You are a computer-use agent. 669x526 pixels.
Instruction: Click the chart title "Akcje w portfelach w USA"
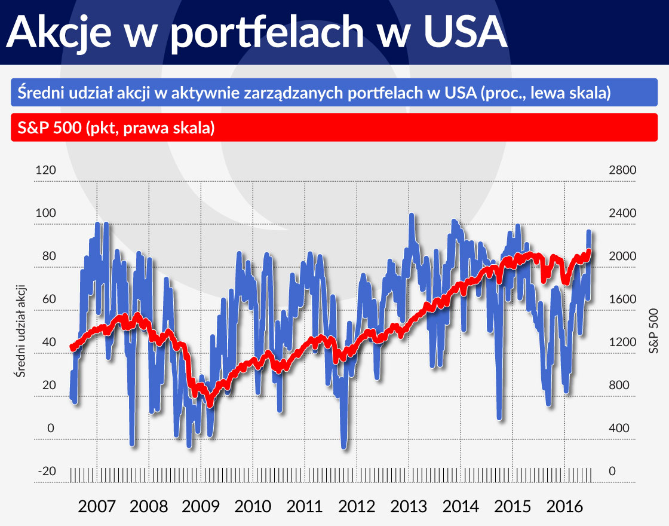point(257,33)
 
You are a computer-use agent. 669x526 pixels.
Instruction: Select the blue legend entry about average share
point(314,94)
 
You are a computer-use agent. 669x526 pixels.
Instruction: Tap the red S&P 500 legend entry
point(113,128)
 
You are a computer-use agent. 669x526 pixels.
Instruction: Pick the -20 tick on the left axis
point(47,471)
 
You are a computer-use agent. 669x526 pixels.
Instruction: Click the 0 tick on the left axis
point(51,428)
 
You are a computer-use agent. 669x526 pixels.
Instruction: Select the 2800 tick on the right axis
point(622,170)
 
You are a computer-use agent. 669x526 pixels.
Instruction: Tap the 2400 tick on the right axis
point(622,213)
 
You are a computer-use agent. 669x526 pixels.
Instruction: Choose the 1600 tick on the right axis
point(622,299)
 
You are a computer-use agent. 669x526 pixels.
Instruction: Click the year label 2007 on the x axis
point(97,507)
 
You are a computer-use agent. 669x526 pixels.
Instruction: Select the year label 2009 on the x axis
point(201,507)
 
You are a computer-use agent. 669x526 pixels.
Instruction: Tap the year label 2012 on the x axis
point(357,507)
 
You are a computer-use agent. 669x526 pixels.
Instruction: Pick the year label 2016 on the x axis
point(565,507)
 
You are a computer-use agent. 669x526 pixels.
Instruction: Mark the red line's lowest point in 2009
point(210,405)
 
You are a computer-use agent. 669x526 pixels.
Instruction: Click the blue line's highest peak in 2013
point(412,215)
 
